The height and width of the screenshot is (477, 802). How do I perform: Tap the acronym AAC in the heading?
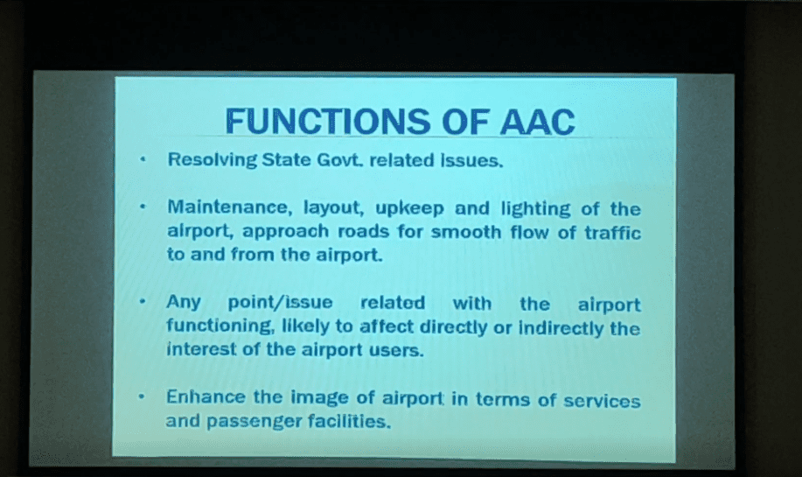[x=537, y=122]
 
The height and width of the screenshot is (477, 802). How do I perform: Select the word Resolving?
[x=213, y=160]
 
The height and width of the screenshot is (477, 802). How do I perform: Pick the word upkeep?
[x=409, y=209]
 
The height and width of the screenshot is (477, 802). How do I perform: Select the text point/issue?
[x=280, y=303]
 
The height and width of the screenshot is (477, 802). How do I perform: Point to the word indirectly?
[x=561, y=328]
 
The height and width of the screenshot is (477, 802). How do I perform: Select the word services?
[x=602, y=401]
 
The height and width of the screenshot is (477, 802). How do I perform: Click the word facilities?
[x=349, y=421]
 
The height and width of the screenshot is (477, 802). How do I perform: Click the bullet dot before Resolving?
[x=143, y=159]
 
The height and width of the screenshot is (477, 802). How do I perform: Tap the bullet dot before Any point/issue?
[x=143, y=301]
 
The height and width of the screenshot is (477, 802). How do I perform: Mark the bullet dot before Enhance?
[x=142, y=396]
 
